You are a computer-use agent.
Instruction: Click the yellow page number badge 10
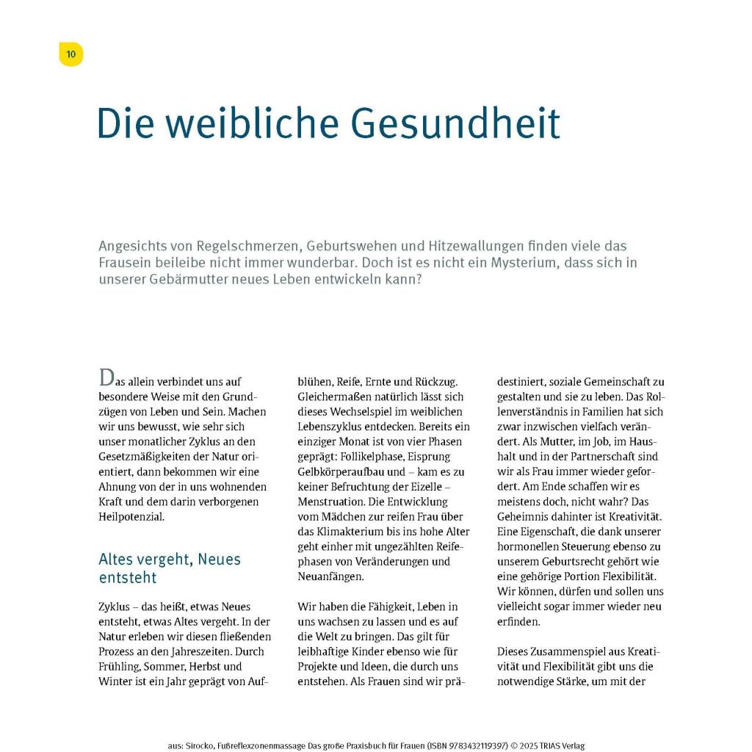[70, 54]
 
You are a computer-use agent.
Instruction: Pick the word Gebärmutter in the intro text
[189, 280]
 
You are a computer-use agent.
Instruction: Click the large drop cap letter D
[106, 379]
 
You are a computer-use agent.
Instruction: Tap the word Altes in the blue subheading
[118, 560]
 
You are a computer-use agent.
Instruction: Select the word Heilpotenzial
[132, 516]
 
